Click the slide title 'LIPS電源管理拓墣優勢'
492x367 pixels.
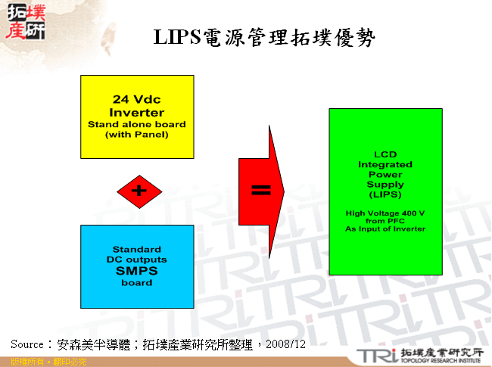click(x=266, y=38)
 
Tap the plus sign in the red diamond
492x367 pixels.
click(x=139, y=191)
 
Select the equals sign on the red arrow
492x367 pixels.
click(x=260, y=191)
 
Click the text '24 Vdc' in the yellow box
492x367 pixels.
click(x=137, y=100)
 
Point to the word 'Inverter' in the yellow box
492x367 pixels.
click(x=137, y=113)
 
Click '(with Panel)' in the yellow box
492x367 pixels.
click(x=137, y=134)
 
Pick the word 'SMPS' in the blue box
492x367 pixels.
click(x=137, y=272)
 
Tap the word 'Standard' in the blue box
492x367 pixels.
click(x=137, y=249)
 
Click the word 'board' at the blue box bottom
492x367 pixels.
click(x=137, y=283)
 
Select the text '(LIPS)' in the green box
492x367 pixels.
click(x=385, y=194)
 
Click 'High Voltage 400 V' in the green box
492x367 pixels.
click(x=385, y=213)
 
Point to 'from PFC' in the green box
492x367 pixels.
click(x=385, y=221)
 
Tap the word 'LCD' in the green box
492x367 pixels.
click(x=385, y=154)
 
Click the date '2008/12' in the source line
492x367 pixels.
click(x=288, y=344)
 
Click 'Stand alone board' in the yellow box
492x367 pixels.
click(x=137, y=124)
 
